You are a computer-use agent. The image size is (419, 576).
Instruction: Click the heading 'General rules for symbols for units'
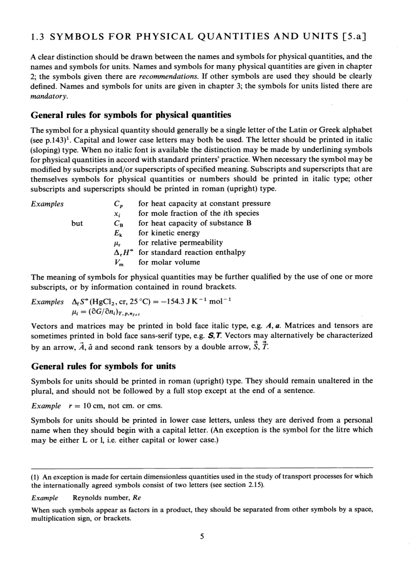click(103, 366)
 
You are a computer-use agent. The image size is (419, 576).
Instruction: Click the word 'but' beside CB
click(77, 223)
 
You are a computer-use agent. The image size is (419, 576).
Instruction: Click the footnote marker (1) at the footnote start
click(36, 476)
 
